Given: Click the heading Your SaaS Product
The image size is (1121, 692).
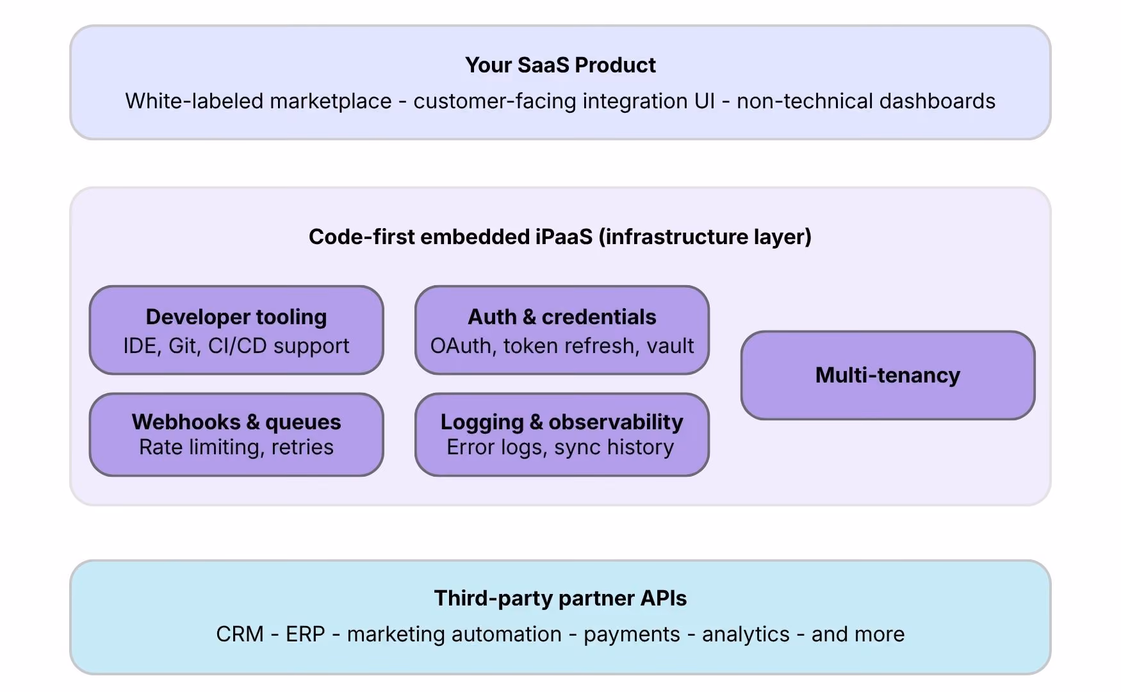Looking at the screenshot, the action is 560,65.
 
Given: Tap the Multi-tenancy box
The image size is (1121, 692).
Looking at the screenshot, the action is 888,375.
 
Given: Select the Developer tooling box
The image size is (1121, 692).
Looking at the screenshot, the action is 236,330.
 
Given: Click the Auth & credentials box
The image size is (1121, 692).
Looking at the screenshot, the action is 562,330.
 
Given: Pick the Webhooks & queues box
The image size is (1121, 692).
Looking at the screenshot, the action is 236,434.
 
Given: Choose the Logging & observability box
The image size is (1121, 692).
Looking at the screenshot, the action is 562,434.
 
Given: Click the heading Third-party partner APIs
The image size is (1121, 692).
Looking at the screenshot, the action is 560,598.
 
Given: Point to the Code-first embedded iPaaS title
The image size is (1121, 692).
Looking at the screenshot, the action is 560,237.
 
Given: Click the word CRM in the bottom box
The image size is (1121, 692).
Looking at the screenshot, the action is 240,634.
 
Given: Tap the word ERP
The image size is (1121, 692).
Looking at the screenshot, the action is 306,634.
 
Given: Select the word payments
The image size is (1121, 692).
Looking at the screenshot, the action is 632,635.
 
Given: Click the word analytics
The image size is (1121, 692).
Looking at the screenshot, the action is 746,635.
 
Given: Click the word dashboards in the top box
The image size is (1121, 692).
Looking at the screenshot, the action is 937,101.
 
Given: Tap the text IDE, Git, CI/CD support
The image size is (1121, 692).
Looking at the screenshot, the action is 236,346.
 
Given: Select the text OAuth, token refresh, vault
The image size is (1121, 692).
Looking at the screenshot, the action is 562,346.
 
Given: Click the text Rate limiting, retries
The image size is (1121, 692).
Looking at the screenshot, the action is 236,447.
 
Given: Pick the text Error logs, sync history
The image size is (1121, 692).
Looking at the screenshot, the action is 560,447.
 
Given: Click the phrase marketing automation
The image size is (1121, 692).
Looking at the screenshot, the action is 454,634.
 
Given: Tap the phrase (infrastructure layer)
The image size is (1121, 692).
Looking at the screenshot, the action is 705,237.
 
